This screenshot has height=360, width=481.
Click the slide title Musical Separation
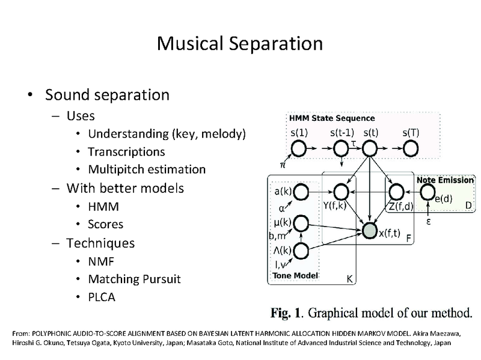click(x=239, y=43)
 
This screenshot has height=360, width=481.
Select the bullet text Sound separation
click(x=107, y=95)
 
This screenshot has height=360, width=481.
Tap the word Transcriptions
click(x=126, y=151)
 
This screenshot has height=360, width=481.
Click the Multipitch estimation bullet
click(x=147, y=169)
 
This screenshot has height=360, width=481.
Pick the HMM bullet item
click(x=103, y=206)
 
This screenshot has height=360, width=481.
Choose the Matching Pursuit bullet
click(x=134, y=279)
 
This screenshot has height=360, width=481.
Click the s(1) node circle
click(x=299, y=147)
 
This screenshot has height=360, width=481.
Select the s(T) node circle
click(x=410, y=147)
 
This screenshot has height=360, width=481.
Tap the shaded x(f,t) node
click(x=369, y=229)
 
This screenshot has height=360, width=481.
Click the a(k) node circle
click(x=301, y=192)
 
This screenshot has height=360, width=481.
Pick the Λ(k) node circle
click(x=301, y=251)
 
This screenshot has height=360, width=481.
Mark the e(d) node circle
click(x=427, y=191)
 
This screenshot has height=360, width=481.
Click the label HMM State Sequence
click(x=332, y=118)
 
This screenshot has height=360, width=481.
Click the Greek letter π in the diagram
click(x=282, y=163)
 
